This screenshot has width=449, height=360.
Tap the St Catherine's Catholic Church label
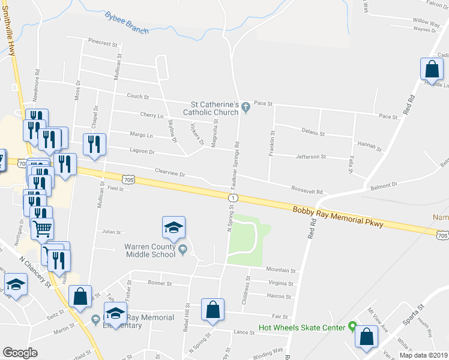pos(211,108)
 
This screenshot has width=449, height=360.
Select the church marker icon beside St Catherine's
pos(246,105)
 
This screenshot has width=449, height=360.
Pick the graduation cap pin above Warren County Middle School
pos(174,227)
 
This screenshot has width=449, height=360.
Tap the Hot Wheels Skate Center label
pos(302,328)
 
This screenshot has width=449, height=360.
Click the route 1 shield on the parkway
pos(233,197)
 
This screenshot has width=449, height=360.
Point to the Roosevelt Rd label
pos(307,190)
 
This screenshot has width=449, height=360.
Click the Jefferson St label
pos(310,157)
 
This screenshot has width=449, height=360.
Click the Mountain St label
pos(282,271)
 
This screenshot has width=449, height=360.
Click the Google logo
pos(20,352)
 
